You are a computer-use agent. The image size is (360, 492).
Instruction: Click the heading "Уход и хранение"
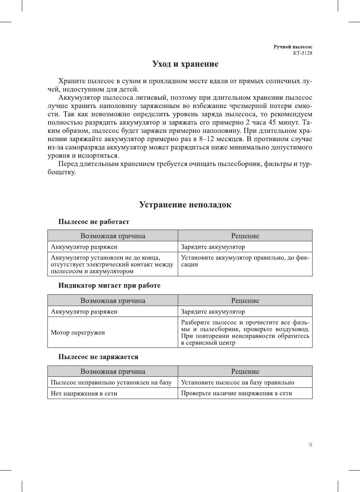185,64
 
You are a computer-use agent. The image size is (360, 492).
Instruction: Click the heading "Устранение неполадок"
185,205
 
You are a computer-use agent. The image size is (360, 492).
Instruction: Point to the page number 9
310,445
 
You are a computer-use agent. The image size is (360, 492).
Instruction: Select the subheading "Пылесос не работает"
94,222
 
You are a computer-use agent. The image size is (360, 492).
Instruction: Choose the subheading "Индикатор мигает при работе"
109,285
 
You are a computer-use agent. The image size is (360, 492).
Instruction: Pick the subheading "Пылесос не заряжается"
98,357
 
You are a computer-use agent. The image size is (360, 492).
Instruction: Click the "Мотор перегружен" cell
78,332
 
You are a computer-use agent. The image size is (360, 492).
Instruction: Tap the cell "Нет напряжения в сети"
84,393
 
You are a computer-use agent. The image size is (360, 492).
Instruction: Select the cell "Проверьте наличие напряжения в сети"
236,393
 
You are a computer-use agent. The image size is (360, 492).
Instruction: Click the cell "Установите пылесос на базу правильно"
238,382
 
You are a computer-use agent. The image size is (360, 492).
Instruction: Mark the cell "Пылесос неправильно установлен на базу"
111,382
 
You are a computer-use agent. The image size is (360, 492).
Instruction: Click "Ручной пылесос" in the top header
293,47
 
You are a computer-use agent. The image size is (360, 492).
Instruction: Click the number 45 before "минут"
272,123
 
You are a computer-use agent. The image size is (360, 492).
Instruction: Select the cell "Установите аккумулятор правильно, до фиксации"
245,261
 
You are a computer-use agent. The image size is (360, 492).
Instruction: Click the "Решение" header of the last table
245,372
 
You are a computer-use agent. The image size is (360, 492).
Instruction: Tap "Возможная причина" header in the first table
113,236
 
